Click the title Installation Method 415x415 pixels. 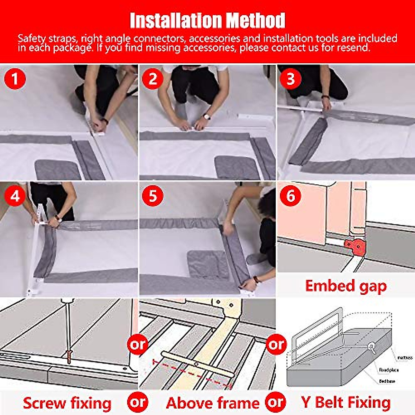click(x=207, y=20)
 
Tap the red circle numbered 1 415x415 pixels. click(x=15, y=79)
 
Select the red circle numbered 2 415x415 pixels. click(x=153, y=79)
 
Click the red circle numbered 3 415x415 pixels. click(x=290, y=79)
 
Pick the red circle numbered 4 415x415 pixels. click(x=15, y=196)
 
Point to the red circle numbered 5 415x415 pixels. click(x=153, y=196)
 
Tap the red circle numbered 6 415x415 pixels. click(x=290, y=196)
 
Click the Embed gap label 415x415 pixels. click(x=346, y=286)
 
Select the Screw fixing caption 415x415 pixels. click(x=67, y=403)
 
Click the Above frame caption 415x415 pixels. click(x=212, y=403)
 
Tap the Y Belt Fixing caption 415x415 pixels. click(x=346, y=403)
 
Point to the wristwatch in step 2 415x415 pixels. click(x=207, y=117)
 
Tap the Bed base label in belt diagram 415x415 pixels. click(x=387, y=381)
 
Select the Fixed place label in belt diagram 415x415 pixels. click(x=389, y=370)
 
